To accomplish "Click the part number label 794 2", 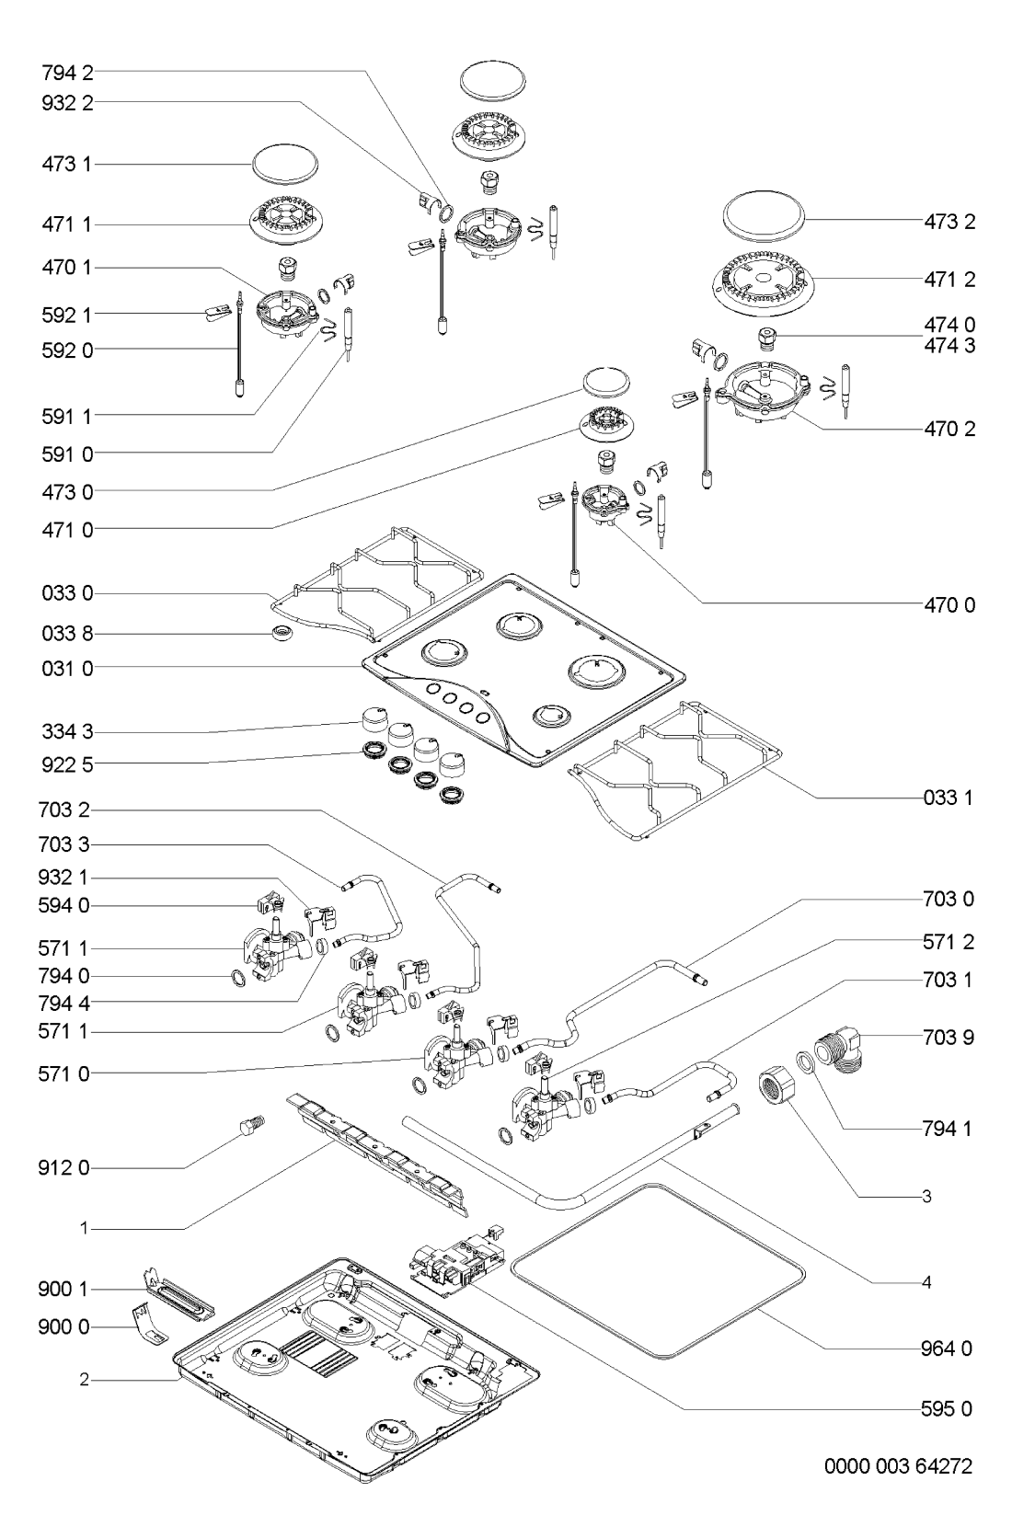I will (x=66, y=70).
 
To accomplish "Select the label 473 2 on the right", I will (x=949, y=222).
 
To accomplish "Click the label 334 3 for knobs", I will (x=66, y=732).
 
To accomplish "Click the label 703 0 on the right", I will (x=948, y=899).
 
